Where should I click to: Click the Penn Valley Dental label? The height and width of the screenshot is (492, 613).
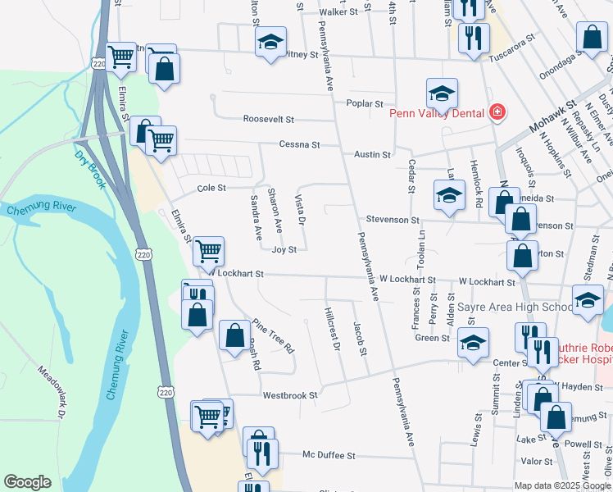click(438, 113)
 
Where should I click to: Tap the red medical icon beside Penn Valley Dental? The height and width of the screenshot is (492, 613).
click(495, 112)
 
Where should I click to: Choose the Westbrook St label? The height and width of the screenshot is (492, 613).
click(289, 395)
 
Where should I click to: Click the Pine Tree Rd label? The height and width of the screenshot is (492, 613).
click(274, 335)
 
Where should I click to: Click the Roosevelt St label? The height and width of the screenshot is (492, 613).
click(268, 119)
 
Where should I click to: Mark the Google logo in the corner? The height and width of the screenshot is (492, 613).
click(27, 482)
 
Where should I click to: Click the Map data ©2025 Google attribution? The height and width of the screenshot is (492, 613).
click(561, 485)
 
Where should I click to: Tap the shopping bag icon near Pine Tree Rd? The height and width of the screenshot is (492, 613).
click(235, 335)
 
